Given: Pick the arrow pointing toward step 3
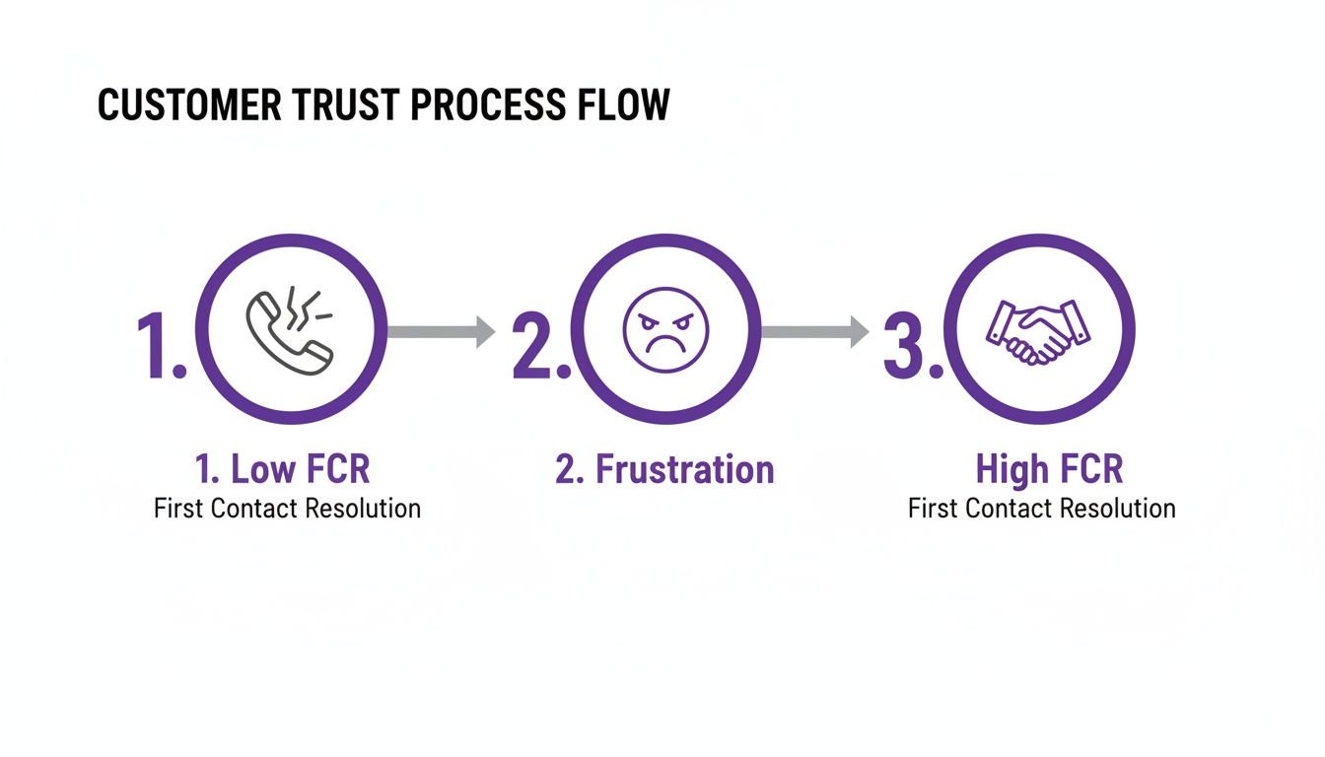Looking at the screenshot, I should click(x=815, y=332).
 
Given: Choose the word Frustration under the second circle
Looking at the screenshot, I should click(x=684, y=470).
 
